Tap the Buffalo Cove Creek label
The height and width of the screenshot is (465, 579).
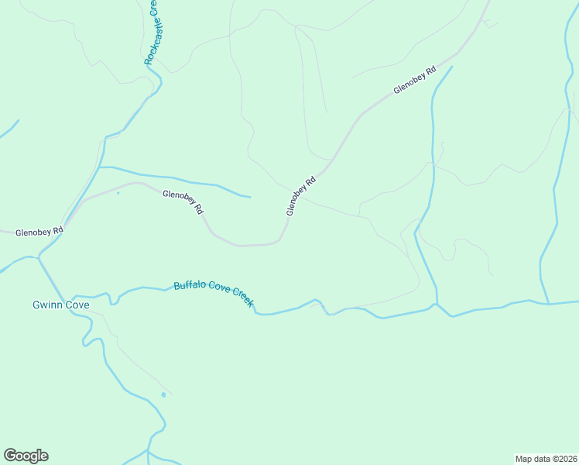[x=214, y=294]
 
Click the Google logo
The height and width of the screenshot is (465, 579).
[x=26, y=456]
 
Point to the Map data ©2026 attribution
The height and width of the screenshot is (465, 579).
[x=546, y=458]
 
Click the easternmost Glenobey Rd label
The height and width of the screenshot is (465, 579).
[x=414, y=81]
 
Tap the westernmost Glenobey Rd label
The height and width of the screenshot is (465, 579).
[x=39, y=231]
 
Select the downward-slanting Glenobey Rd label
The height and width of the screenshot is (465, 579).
[x=183, y=201]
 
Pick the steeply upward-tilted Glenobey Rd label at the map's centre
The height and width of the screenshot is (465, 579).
[x=300, y=197]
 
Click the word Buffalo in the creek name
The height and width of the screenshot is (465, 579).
[x=189, y=286]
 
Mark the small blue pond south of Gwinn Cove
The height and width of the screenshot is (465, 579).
[x=163, y=395]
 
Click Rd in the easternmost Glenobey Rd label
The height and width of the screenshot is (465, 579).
[x=430, y=71]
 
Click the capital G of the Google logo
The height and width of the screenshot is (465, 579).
[x=10, y=456]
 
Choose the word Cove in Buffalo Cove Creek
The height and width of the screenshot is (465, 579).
[x=218, y=294]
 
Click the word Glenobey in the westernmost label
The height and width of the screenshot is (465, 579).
[x=33, y=231]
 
